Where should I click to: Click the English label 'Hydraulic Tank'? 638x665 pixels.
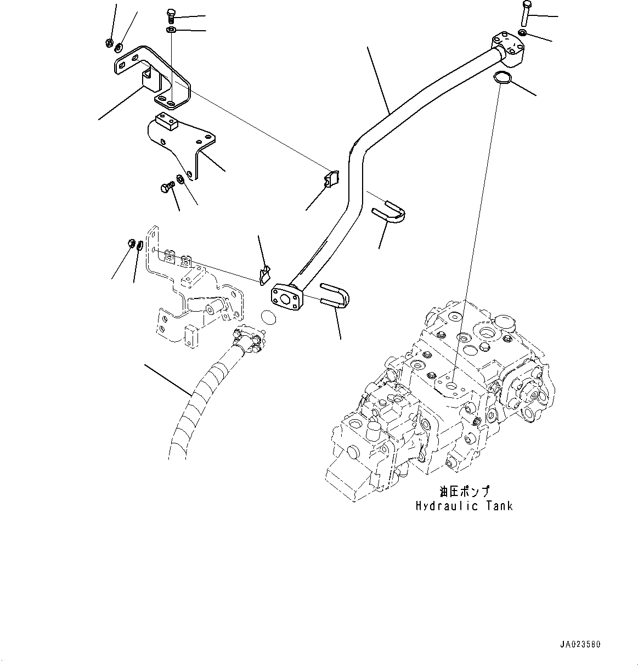[464, 506]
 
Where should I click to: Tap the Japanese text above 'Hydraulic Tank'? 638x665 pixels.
[464, 491]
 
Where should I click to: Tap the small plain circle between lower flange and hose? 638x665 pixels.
[267, 318]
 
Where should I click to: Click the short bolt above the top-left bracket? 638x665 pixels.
[170, 16]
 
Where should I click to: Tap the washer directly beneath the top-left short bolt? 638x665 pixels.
[171, 30]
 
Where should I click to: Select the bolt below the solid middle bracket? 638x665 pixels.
[166, 188]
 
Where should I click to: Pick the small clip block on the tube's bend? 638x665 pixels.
[331, 178]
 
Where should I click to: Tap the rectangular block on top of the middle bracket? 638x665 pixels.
[165, 120]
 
